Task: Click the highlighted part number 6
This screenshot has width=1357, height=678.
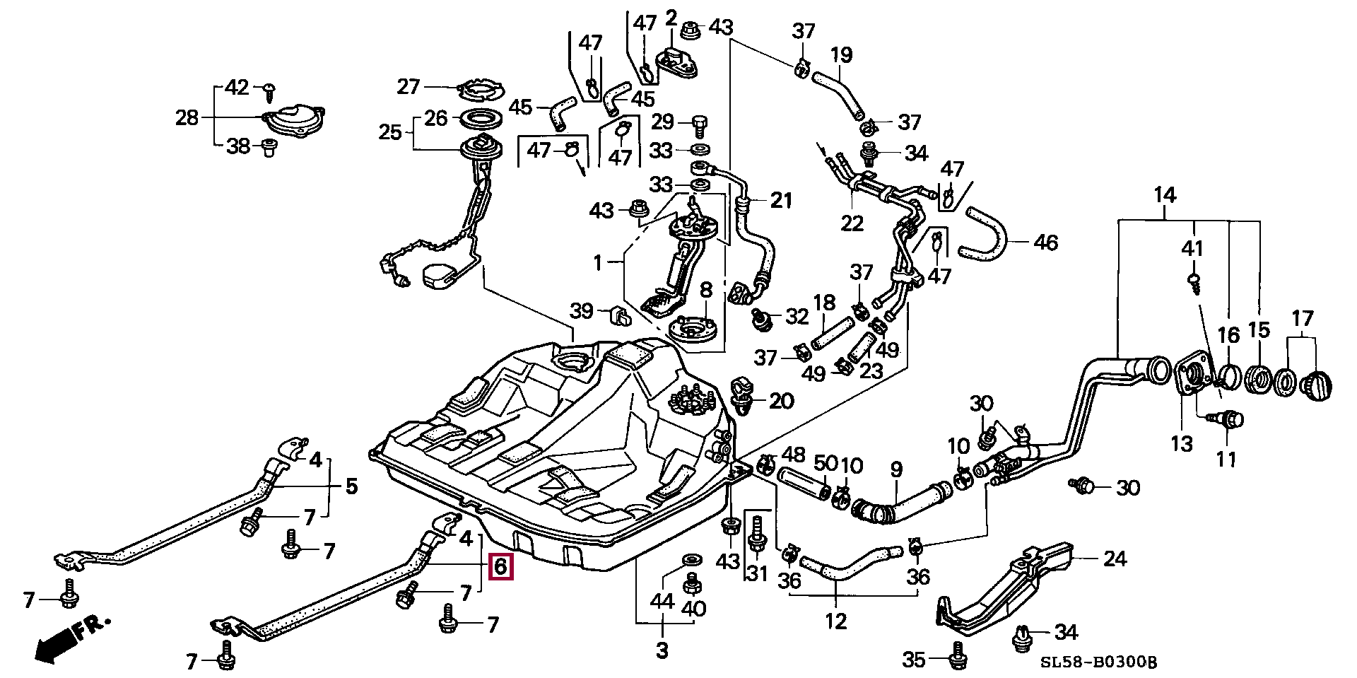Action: (500, 566)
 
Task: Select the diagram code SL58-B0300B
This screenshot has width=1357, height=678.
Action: (1098, 662)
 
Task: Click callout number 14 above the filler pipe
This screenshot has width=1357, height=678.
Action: (1165, 194)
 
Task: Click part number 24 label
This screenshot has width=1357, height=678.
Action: (1115, 559)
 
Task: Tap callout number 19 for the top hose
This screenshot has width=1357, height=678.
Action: (841, 54)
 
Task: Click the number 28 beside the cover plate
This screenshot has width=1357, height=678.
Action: (187, 117)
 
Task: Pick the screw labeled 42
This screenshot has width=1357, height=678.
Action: (269, 90)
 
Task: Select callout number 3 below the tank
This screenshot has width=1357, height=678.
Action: (662, 650)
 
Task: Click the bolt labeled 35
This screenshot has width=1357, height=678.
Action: (956, 653)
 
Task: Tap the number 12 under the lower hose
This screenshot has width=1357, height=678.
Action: (835, 621)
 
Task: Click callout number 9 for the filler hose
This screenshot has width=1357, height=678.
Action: (896, 469)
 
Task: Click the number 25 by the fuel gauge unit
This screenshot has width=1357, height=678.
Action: (390, 132)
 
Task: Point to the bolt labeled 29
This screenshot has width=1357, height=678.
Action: (700, 127)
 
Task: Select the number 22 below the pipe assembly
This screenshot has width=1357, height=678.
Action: (852, 223)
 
